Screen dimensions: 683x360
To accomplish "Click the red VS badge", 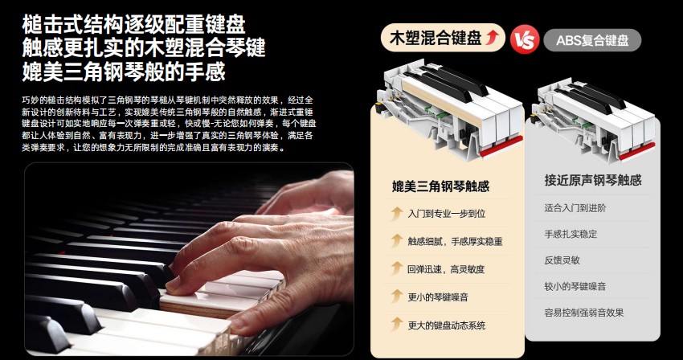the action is click(x=524, y=39).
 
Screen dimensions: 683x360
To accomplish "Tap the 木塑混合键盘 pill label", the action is click(x=443, y=38).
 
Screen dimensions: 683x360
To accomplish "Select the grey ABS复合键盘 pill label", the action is click(x=592, y=40).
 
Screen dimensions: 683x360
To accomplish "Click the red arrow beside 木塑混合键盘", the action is click(x=493, y=38).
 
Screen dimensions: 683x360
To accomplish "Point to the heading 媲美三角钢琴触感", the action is click(x=440, y=186).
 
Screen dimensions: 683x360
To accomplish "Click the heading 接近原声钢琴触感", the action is click(x=593, y=180).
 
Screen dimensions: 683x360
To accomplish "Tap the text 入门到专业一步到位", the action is click(x=447, y=214).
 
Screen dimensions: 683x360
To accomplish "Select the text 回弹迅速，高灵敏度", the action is click(x=446, y=269).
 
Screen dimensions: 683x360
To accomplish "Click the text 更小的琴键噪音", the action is click(x=438, y=297).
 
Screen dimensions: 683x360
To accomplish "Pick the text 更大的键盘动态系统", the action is click(x=447, y=325).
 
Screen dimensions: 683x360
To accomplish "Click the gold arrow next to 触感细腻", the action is click(x=396, y=240).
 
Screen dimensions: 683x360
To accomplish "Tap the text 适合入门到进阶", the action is click(x=575, y=208).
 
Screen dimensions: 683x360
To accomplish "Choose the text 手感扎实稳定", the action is click(x=571, y=234).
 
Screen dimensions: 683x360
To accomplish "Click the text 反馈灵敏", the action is click(x=562, y=260).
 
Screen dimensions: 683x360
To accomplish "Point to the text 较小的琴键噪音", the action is click(x=575, y=286).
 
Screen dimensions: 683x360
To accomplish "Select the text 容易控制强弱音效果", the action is click(x=583, y=313).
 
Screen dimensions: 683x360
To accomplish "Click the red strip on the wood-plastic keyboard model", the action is click(x=501, y=146).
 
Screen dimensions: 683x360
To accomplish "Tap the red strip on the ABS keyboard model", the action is click(x=637, y=151).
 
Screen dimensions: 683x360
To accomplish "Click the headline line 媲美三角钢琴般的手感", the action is click(x=124, y=71).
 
